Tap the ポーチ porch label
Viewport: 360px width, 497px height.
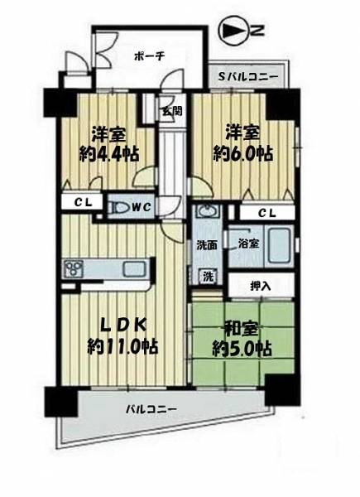pyautogui.click(x=145, y=56)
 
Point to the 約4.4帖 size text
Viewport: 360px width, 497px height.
pyautogui.click(x=109, y=155)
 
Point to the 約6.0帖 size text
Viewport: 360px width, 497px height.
pyautogui.click(x=242, y=154)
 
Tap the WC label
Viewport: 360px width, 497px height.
pyautogui.click(x=141, y=207)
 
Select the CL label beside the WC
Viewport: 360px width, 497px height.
pyautogui.click(x=84, y=202)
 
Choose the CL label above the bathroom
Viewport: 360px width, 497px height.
pyautogui.click(x=267, y=213)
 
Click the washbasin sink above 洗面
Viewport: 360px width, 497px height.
pyautogui.click(x=208, y=210)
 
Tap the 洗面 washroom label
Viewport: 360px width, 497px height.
pyautogui.click(x=207, y=245)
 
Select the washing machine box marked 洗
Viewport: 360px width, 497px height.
pyautogui.click(x=208, y=277)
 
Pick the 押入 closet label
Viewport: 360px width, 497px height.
pyautogui.click(x=260, y=287)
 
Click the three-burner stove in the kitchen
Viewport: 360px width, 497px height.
pyautogui.click(x=74, y=269)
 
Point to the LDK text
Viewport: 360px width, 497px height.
pyautogui.click(x=123, y=326)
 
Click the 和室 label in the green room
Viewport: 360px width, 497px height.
pyautogui.click(x=242, y=331)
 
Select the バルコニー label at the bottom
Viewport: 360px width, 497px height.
pyautogui.click(x=151, y=409)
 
